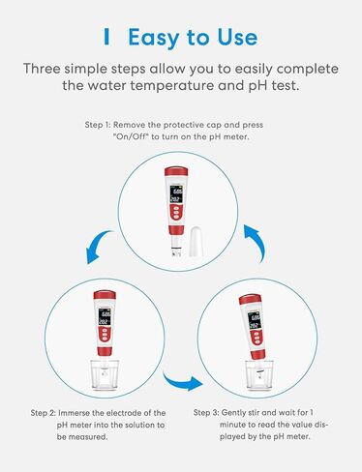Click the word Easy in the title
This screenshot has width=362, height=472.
point(154,38)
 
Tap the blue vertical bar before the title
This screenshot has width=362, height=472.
point(106,37)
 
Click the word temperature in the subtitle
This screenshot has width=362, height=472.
point(171,86)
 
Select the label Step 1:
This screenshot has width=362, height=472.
point(98,125)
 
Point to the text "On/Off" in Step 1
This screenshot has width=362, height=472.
point(132,136)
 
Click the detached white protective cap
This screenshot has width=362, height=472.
point(196,242)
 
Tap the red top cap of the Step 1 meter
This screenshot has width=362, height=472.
point(176,171)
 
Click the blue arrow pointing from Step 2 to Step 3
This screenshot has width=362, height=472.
point(182,382)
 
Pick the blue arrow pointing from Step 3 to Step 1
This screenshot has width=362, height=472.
point(256,242)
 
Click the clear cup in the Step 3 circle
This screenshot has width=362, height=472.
point(259,374)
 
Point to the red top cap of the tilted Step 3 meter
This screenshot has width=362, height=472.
point(250,300)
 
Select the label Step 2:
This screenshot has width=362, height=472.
point(44,413)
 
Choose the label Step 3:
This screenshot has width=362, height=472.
point(206,412)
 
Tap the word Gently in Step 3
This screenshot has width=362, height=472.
point(233,412)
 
